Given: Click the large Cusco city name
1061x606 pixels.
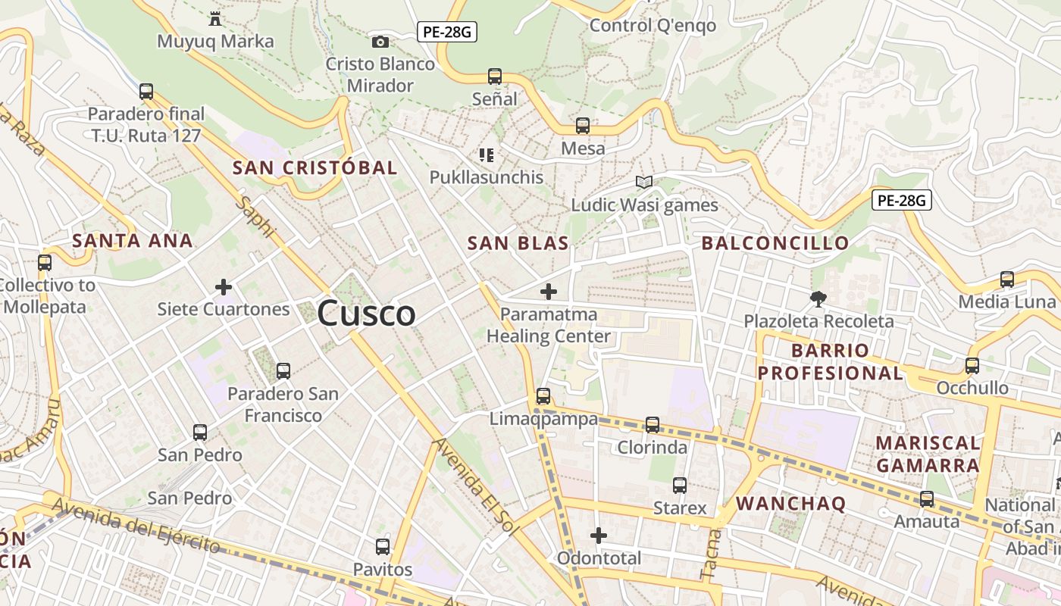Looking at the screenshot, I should coord(367,313).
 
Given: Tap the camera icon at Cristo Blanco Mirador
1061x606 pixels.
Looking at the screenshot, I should coord(380,42).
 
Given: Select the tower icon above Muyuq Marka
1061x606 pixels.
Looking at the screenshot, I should coord(215,18).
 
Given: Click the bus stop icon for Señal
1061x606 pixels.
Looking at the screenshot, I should coord(495,77).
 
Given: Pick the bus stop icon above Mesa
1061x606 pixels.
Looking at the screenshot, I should coord(583,126).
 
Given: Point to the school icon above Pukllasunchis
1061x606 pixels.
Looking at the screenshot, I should coord(487,155).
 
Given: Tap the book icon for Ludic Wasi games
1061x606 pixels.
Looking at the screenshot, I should coord(644,183).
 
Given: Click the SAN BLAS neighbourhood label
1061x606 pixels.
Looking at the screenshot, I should coord(518,243).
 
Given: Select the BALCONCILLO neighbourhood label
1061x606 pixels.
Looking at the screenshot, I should coord(775,243).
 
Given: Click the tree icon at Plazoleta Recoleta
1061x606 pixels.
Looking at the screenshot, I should coord(818,298).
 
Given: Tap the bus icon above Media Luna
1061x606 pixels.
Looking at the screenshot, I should coord(1007,280).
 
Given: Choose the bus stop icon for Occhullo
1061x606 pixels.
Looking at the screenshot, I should coord(972,366).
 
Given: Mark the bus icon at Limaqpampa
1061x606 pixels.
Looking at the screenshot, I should coord(543,395).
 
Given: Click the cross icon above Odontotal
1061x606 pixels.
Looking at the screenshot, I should coord(599,536).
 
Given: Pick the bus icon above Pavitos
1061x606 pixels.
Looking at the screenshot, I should coord(383,547).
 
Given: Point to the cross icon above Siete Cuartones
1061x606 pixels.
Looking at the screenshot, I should coord(224,287).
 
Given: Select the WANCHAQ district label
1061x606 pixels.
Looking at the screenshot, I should coord(790,504).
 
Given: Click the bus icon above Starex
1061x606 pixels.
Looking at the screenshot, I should coord(680,486).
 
